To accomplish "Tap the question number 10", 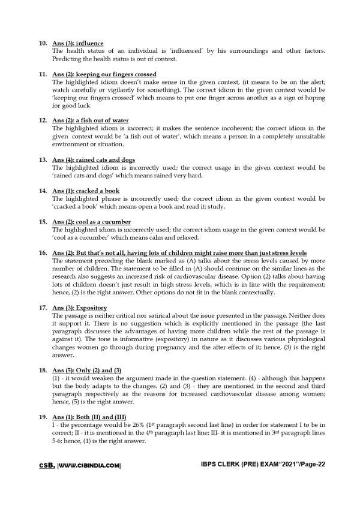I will click(41, 44).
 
